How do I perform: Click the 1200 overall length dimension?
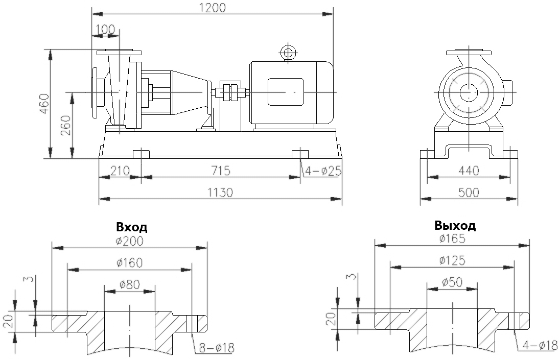click(x=213, y=7)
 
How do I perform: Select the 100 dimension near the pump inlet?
click(x=105, y=29)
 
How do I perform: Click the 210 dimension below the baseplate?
click(x=119, y=170)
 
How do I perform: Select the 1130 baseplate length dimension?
click(x=220, y=192)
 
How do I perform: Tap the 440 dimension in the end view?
click(x=469, y=171)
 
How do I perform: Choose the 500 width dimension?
click(x=469, y=192)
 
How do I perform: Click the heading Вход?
click(x=132, y=227)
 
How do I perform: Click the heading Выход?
click(x=455, y=225)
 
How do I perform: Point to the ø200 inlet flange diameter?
click(x=129, y=241)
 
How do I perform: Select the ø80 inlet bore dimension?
click(x=129, y=285)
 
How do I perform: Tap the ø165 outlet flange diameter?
click(x=452, y=238)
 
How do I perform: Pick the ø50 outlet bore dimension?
click(x=452, y=282)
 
